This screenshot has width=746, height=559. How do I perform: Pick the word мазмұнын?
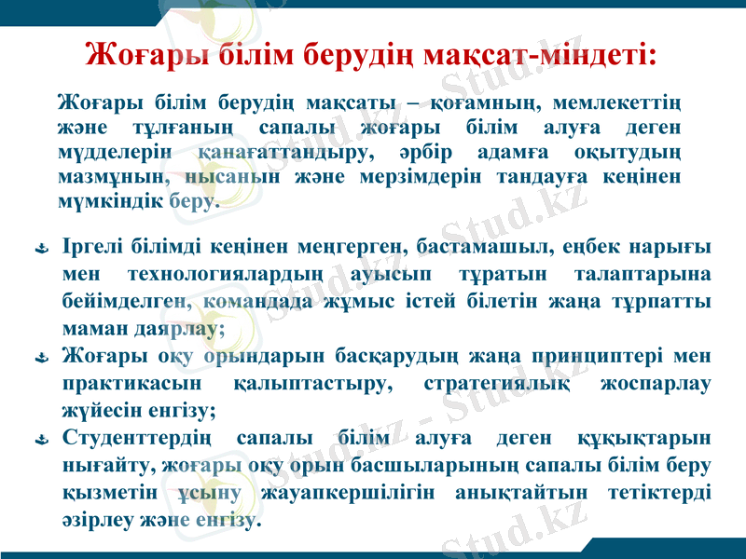point(101,175)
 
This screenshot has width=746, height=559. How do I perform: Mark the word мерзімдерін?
point(418,175)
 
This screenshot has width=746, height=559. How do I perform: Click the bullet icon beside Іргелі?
point(41,250)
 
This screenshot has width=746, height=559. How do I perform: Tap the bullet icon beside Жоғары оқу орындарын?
point(41,359)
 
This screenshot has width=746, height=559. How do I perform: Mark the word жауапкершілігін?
point(352,491)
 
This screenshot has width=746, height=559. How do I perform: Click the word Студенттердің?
point(136,437)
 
